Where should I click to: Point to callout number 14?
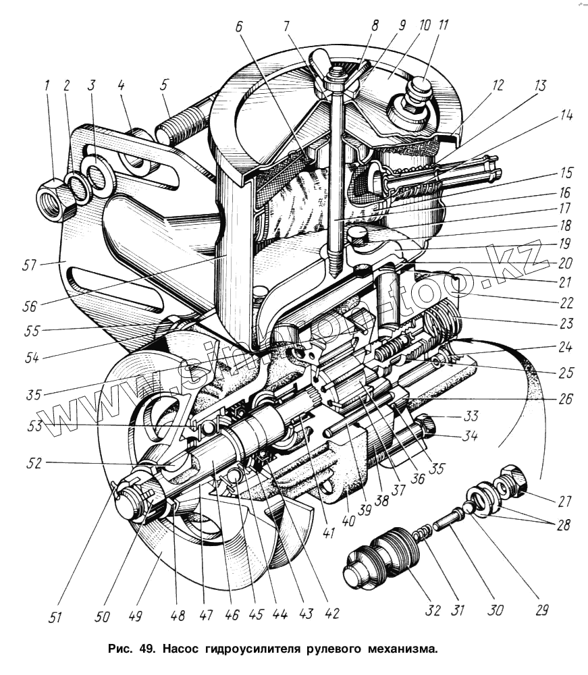tap(566, 115)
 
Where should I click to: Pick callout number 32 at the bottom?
tap(433, 610)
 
